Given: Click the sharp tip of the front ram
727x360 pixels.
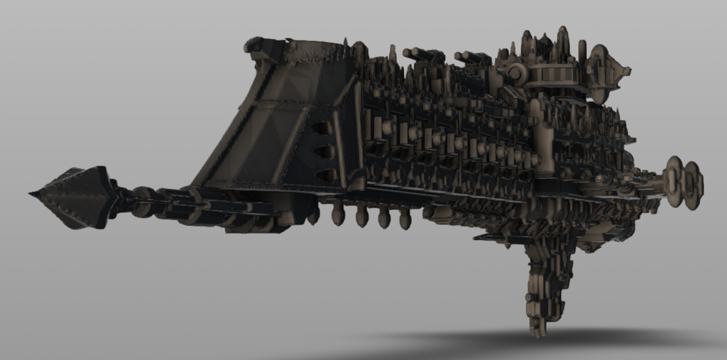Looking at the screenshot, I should (32, 194).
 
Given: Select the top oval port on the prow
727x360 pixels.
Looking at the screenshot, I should (321, 129).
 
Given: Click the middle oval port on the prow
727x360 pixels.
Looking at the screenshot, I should (324, 152).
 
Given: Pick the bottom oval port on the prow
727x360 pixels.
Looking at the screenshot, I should (325, 175).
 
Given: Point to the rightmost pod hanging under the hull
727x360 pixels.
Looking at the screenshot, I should (405, 219).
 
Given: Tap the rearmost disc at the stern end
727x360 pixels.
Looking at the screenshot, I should (693, 185).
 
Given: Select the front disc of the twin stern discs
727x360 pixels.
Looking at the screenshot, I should (672, 181).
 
